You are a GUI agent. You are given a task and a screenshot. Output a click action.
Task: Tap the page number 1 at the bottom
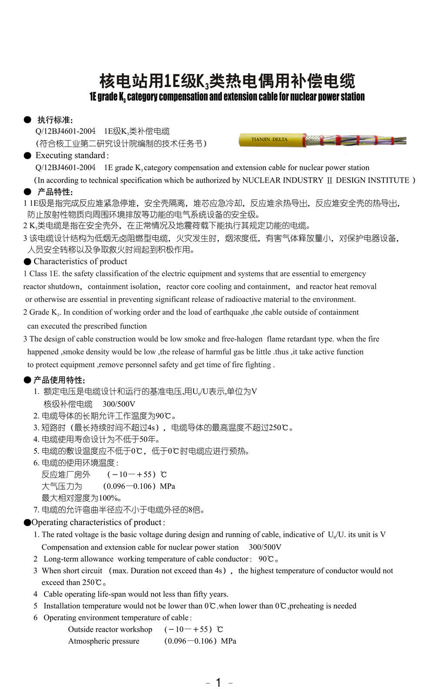pos(218,682)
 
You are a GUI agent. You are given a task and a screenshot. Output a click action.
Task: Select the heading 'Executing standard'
pos(70,155)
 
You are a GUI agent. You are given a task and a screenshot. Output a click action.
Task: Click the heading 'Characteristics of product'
pos(80,261)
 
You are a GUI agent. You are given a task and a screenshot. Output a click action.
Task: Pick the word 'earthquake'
pos(231,312)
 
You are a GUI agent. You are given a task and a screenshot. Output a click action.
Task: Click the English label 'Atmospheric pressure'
pos(104,641)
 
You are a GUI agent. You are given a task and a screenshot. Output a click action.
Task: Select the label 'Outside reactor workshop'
pos(110,629)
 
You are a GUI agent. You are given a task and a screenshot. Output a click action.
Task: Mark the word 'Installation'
pos(62,606)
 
